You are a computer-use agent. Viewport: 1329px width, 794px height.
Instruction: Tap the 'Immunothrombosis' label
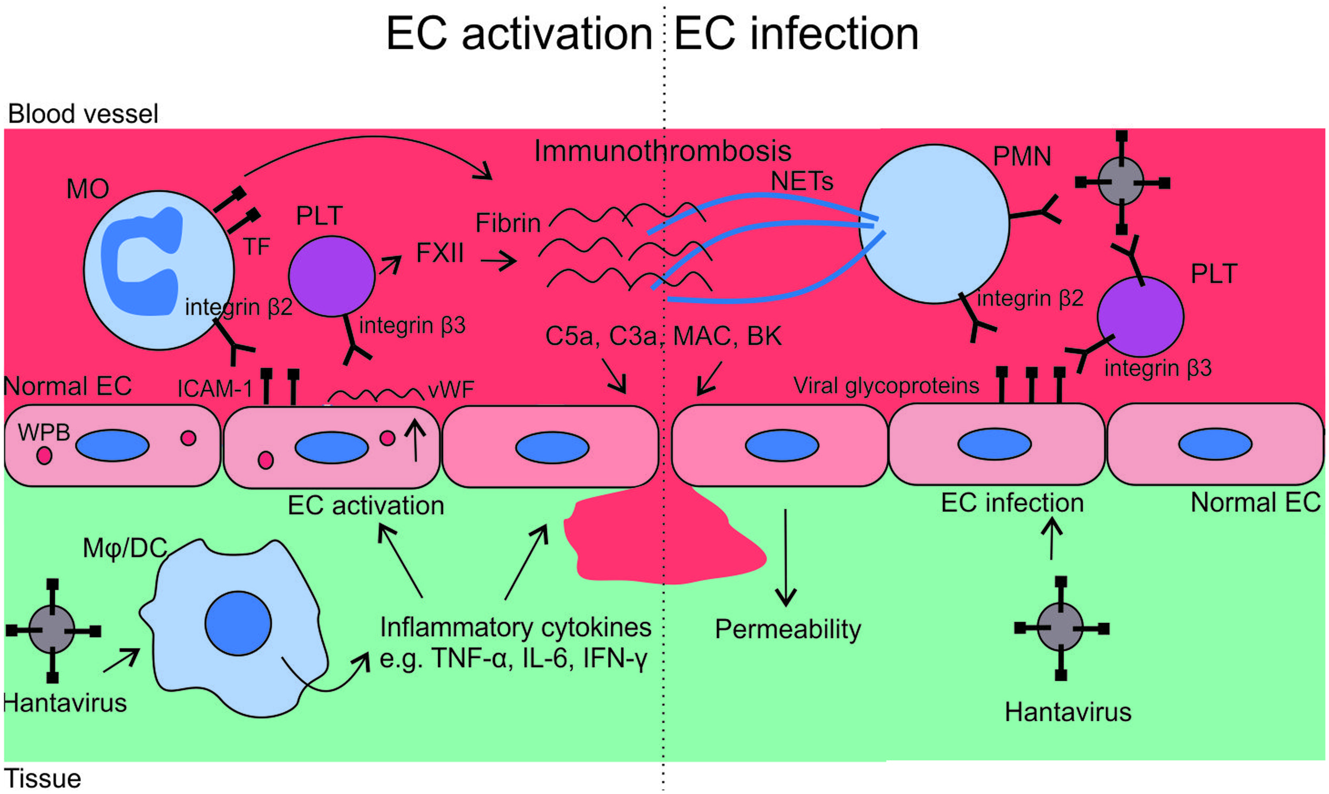tap(663, 151)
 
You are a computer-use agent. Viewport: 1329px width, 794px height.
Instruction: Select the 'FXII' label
tap(440, 253)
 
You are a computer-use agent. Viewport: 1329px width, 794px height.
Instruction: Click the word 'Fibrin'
tap(508, 223)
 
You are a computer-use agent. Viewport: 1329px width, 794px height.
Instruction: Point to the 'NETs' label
tap(802, 181)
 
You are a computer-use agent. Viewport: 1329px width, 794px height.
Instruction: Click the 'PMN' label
tap(1022, 157)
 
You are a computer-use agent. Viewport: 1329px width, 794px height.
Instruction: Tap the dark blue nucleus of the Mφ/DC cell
tap(238, 623)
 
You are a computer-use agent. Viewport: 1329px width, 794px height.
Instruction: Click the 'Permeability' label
tap(788, 630)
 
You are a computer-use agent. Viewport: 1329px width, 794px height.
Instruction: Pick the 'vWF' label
tap(451, 389)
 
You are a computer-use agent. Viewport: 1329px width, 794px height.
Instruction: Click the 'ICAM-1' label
tap(214, 389)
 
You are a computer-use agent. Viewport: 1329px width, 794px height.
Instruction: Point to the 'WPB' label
tap(44, 432)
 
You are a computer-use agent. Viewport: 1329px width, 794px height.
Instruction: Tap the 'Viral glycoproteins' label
tap(886, 386)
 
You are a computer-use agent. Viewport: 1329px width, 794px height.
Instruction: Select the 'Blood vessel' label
tap(83, 114)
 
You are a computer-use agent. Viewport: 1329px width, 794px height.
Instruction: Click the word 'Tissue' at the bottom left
tap(43, 778)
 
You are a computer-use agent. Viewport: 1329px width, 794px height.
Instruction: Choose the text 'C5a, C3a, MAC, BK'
tap(663, 336)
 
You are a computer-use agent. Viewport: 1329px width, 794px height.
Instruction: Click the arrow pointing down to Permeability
tap(785, 558)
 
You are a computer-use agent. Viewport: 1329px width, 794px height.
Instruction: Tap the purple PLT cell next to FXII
tap(331, 276)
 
